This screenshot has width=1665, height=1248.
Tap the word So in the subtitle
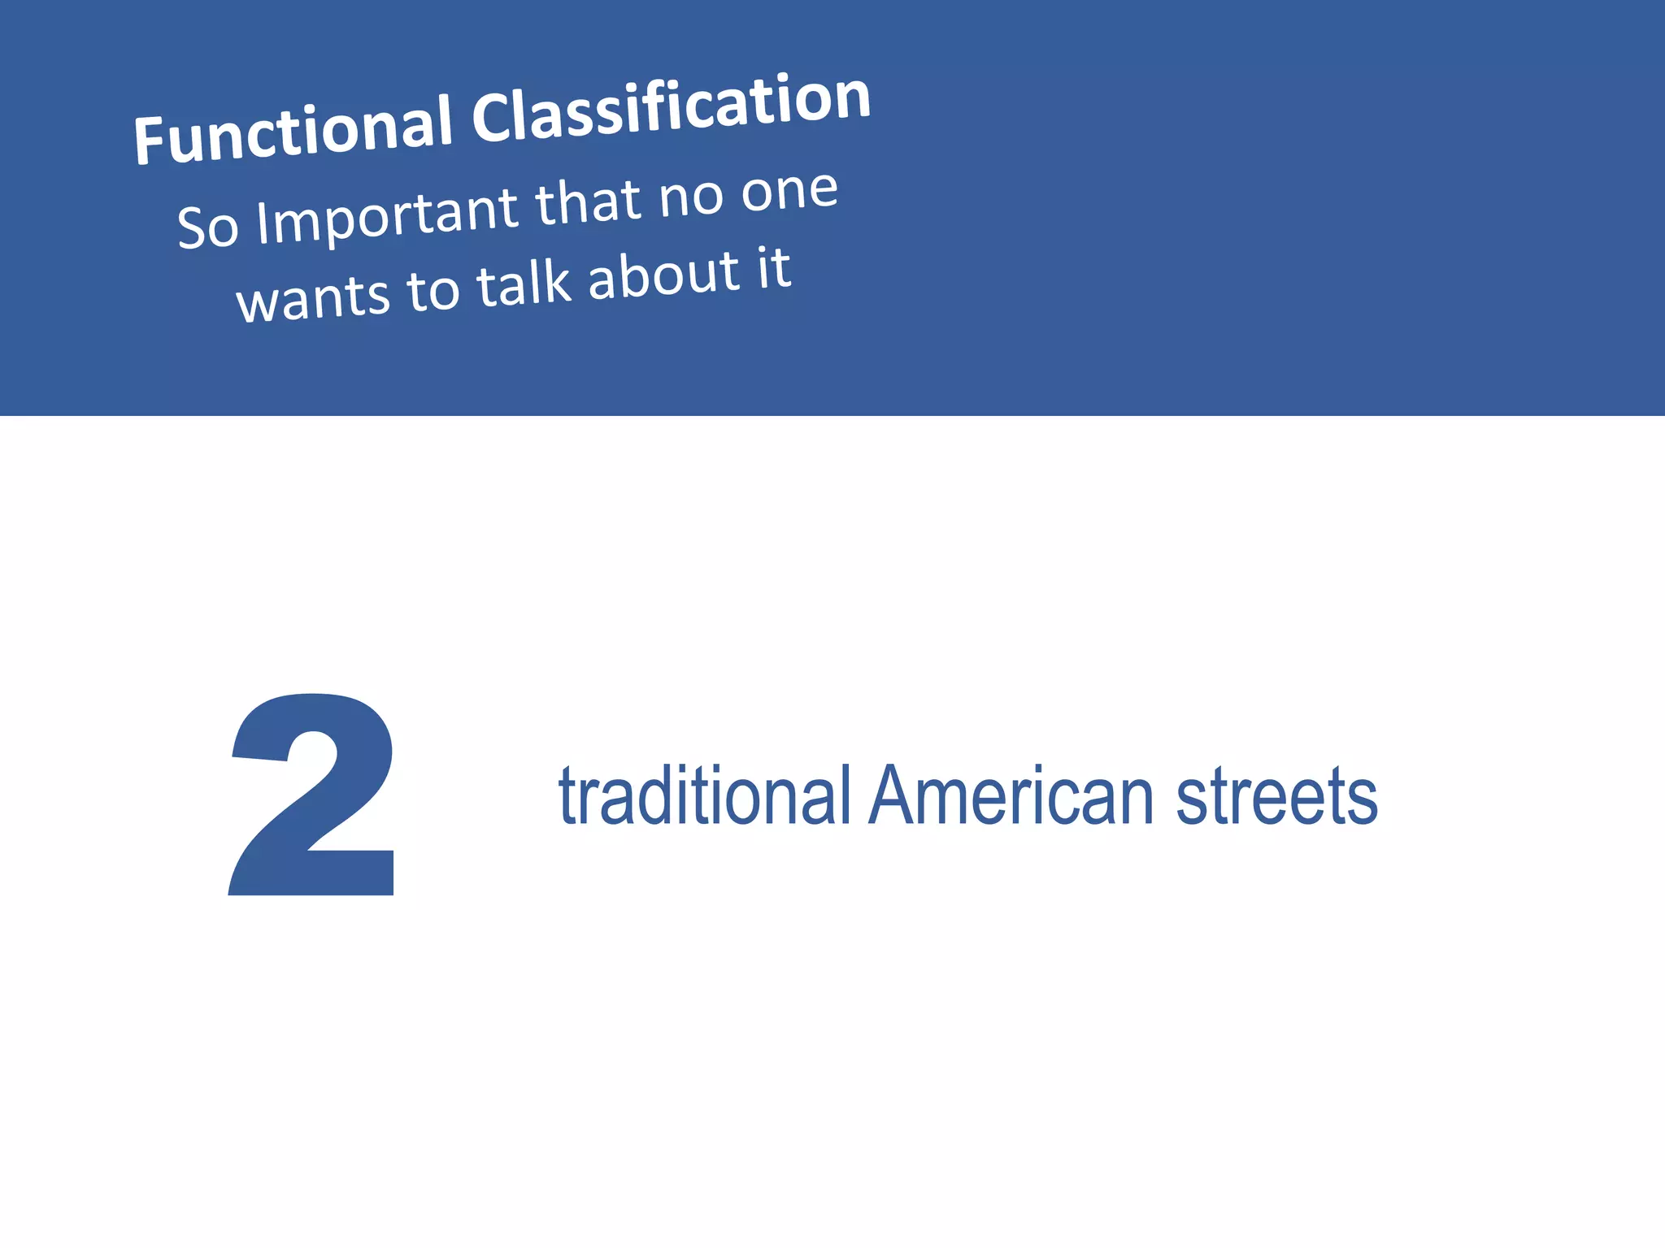coord(208,227)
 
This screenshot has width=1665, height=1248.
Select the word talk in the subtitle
coord(524,284)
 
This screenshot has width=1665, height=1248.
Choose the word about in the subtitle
coord(663,275)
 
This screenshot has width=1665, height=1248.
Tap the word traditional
coord(704,795)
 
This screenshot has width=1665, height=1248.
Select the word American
coord(1011,795)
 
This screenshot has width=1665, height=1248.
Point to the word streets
coord(1276,795)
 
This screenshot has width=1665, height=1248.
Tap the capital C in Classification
coord(493,117)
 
